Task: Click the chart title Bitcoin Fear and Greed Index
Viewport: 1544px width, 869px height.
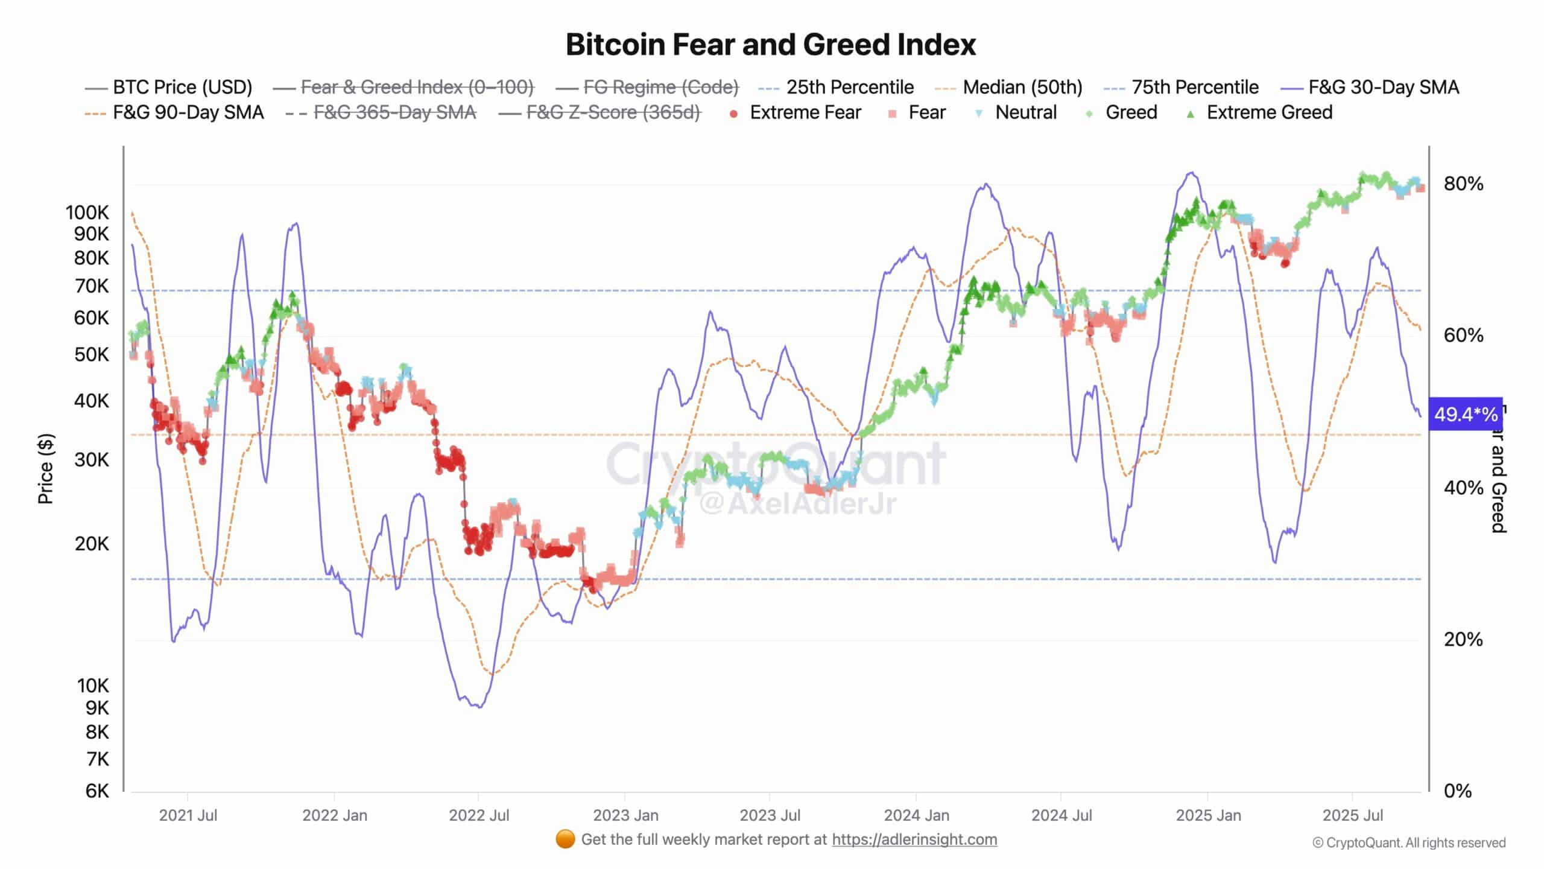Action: pyautogui.click(x=770, y=45)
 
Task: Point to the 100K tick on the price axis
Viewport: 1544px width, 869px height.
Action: pyautogui.click(x=87, y=212)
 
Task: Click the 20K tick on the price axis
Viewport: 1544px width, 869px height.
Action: pyautogui.click(x=92, y=544)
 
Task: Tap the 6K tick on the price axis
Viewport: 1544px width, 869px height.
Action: pyautogui.click(x=97, y=791)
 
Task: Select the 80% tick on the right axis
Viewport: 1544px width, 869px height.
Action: pyautogui.click(x=1463, y=183)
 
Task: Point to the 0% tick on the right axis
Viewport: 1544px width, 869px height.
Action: pyautogui.click(x=1457, y=791)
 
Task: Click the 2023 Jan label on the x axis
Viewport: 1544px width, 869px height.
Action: pyautogui.click(x=625, y=815)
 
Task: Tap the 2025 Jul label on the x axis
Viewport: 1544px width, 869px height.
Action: pyautogui.click(x=1352, y=815)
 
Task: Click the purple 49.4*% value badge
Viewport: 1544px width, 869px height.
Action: pyautogui.click(x=1464, y=414)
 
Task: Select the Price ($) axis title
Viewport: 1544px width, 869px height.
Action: pyautogui.click(x=46, y=468)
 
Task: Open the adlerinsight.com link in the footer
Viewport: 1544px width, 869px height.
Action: pyautogui.click(x=914, y=839)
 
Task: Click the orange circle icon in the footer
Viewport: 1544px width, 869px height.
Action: pyautogui.click(x=565, y=839)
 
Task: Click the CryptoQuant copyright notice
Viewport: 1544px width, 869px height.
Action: pyautogui.click(x=1409, y=842)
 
